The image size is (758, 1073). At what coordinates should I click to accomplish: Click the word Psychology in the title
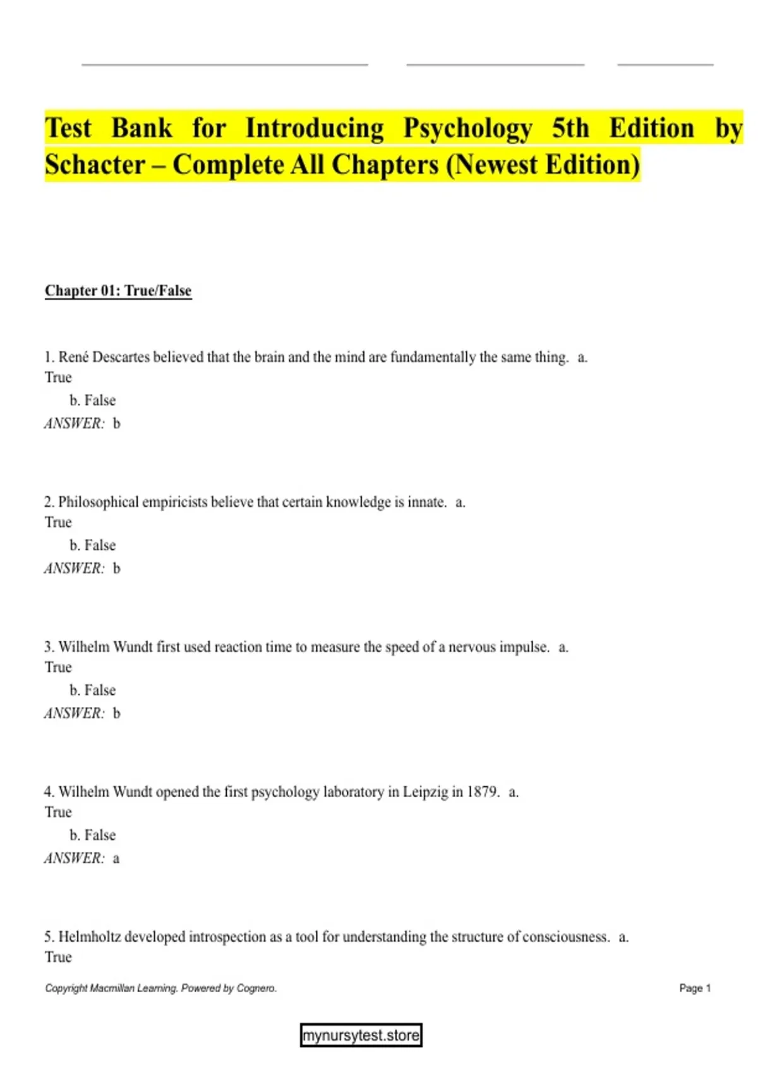tap(467, 129)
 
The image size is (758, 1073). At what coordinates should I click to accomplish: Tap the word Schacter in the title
tap(95, 165)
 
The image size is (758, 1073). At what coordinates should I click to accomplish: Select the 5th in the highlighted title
tap(570, 129)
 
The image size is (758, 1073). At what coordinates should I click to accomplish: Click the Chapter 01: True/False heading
tap(118, 290)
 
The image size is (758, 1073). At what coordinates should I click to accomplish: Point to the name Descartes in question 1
tap(122, 357)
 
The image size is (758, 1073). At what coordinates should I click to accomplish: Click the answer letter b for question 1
tap(116, 424)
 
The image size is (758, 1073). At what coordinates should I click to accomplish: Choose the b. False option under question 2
tap(93, 545)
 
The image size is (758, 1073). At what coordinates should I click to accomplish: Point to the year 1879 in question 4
tap(483, 792)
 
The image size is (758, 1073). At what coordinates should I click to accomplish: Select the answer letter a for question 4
tap(116, 858)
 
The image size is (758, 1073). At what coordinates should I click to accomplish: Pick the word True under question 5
tap(58, 957)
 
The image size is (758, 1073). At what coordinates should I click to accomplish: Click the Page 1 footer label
tap(695, 988)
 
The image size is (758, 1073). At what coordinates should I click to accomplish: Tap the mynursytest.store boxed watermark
tap(361, 1036)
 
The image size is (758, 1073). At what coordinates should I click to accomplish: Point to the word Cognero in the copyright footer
tap(256, 988)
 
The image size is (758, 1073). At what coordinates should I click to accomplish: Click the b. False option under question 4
tap(93, 835)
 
